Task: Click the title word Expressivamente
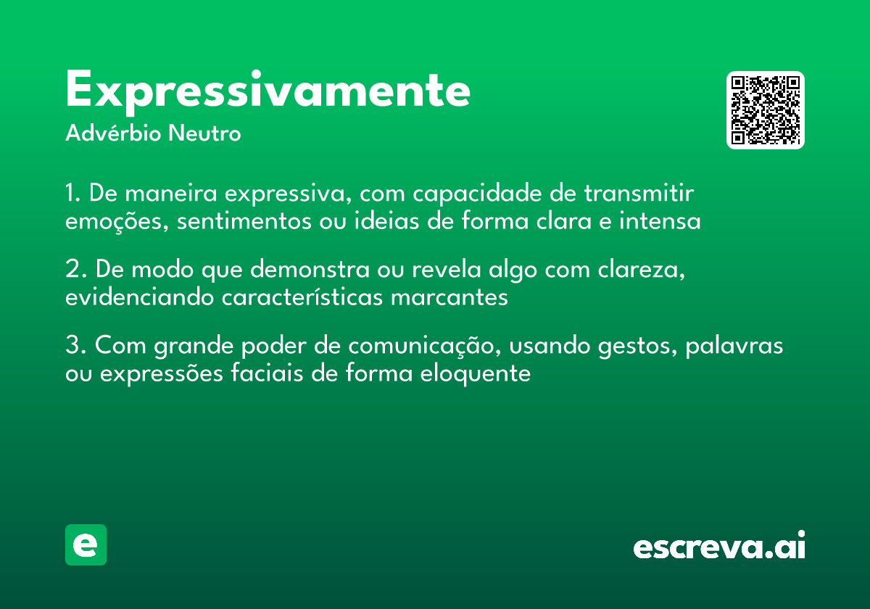pos(268,91)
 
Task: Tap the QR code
pos(765,110)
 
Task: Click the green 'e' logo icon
pos(86,544)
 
